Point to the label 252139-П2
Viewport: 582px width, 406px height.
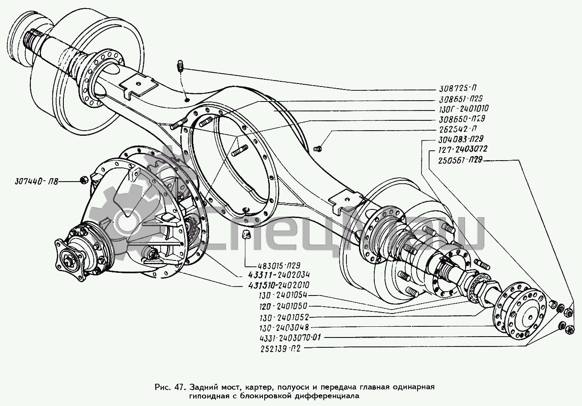click(x=281, y=348)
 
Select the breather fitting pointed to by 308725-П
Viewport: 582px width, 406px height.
click(x=180, y=67)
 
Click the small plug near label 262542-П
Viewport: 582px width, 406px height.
click(x=318, y=149)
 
